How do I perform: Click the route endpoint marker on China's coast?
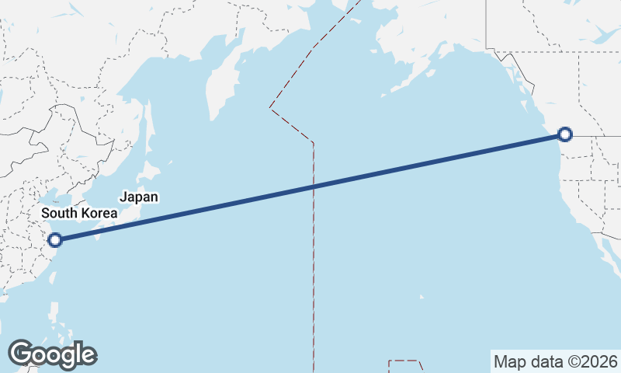tap(54, 239)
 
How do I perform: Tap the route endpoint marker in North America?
tap(565, 134)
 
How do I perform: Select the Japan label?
tap(139, 197)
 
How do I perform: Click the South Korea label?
tap(79, 213)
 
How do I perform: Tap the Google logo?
tap(52, 354)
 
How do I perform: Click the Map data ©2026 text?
tap(555, 361)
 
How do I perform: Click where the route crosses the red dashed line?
tap(313, 186)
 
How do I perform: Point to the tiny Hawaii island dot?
tap(422, 296)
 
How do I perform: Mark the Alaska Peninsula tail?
tap(404, 82)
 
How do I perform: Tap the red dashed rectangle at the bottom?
tap(404, 366)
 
